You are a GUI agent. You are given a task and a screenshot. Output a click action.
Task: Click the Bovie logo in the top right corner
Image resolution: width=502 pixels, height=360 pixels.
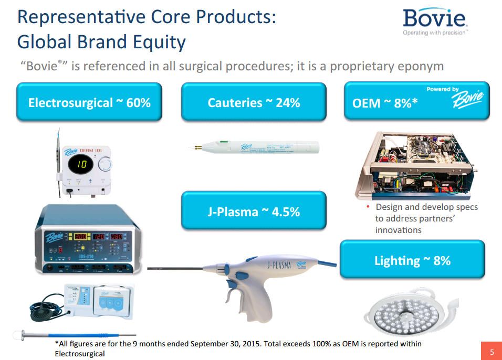434,20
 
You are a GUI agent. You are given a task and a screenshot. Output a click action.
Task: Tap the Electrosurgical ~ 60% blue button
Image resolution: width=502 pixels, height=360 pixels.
89,102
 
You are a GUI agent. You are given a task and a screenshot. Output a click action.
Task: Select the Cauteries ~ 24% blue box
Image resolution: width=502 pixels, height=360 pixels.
254,102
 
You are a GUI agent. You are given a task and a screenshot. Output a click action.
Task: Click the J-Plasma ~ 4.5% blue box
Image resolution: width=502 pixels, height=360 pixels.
254,211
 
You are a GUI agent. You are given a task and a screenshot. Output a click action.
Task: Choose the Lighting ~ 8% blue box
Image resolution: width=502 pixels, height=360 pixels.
412,260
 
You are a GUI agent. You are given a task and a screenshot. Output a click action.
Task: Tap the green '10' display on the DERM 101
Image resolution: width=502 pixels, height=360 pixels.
82,165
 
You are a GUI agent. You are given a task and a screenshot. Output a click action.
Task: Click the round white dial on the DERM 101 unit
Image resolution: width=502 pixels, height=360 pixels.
106,165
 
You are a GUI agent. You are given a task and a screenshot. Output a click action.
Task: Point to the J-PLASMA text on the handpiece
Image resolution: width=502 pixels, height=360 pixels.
278,265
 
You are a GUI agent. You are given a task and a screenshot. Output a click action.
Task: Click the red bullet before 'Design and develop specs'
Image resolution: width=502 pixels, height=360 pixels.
368,207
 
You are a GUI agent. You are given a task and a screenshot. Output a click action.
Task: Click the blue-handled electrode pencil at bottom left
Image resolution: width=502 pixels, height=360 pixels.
79,334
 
